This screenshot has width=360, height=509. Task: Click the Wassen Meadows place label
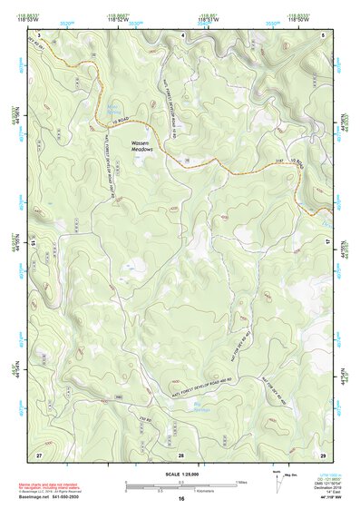click(x=139, y=146)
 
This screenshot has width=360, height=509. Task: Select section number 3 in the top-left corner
click(x=40, y=34)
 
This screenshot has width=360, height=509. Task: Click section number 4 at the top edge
click(x=183, y=34)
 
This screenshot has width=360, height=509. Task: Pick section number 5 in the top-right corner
click(x=324, y=34)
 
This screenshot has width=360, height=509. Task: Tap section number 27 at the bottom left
click(x=39, y=453)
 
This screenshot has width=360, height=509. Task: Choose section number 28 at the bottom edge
click(x=180, y=453)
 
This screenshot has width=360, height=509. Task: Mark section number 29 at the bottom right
click(x=324, y=453)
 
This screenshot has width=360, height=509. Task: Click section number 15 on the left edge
click(x=34, y=242)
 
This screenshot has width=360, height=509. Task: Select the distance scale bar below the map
click(x=180, y=485)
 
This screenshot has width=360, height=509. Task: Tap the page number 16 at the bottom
click(x=181, y=499)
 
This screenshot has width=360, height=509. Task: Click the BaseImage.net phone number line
click(x=49, y=497)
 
